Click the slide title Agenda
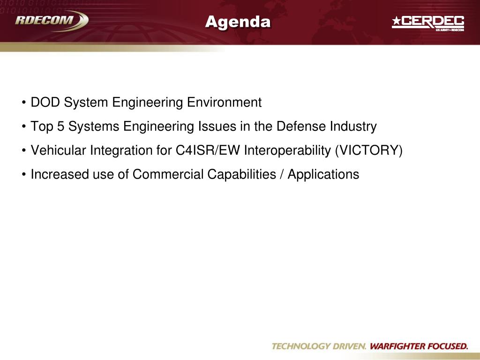[238, 22]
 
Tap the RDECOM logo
[52, 21]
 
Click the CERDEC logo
[428, 23]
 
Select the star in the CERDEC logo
[397, 21]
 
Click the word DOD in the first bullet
[45, 102]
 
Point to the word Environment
[224, 102]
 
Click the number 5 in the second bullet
[60, 127]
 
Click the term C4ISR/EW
[208, 150]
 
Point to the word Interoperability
[287, 150]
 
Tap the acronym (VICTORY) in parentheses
[368, 150]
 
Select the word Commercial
[168, 174]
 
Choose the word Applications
[323, 175]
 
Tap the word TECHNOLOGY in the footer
[300, 346]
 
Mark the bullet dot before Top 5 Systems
[23, 127]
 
